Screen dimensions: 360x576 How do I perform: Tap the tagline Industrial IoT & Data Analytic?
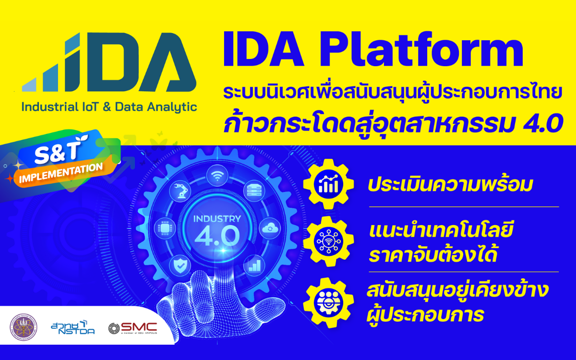109,107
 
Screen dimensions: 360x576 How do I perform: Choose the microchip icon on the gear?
163,228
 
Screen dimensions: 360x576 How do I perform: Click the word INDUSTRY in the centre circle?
216,219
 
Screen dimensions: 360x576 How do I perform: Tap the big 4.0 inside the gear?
216,236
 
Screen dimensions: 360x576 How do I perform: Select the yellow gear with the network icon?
328,243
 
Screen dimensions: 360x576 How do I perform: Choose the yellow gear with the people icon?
328,301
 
